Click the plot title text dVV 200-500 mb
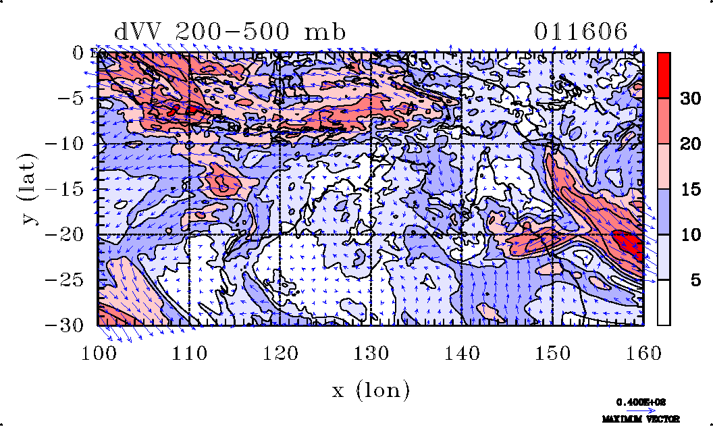tap(230, 32)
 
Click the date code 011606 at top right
tap(581, 32)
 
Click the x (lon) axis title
tap(371, 389)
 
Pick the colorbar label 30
tap(689, 99)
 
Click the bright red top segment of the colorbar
tap(664, 75)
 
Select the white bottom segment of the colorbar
tap(664, 302)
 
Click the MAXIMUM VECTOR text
tap(641, 419)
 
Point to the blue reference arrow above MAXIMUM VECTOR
tap(641, 410)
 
